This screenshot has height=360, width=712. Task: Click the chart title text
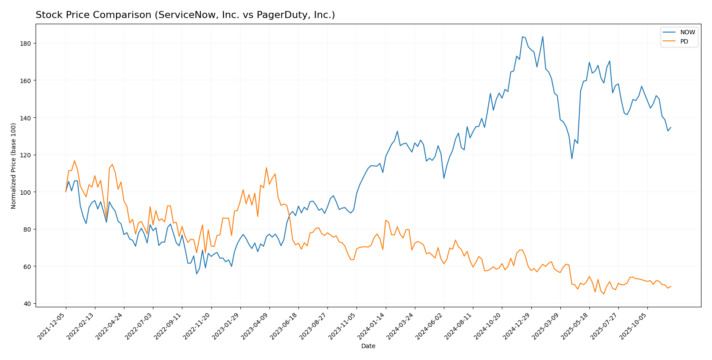(x=185, y=15)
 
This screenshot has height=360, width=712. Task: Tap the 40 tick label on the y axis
(x=28, y=304)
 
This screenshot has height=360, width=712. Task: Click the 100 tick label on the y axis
(x=26, y=192)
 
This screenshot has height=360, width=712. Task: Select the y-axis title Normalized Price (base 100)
(x=14, y=166)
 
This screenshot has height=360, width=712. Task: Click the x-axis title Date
(x=368, y=346)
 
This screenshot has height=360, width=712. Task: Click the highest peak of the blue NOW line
(x=522, y=36)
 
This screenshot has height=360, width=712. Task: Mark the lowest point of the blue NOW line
(x=196, y=274)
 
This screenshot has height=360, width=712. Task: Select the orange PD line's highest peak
(x=74, y=160)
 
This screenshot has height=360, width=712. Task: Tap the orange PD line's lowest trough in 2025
(x=603, y=294)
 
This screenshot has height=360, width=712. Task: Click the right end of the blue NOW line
(x=671, y=127)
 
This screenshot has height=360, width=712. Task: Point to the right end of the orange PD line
(x=671, y=286)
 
